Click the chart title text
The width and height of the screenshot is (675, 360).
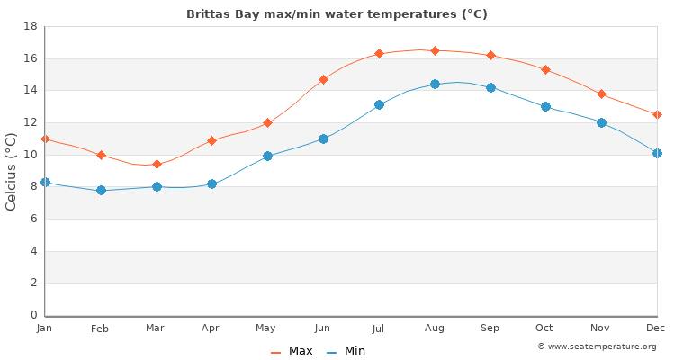click(337, 14)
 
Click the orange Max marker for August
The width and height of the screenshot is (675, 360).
click(435, 50)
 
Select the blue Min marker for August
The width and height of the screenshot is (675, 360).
click(435, 84)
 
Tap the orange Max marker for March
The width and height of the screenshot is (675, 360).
click(157, 164)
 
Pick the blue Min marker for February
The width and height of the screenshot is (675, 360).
click(101, 190)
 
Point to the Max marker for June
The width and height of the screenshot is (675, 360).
click(323, 79)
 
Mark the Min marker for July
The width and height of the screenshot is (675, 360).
click(379, 104)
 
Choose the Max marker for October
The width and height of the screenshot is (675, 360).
click(545, 69)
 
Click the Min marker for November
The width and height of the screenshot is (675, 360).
click(601, 122)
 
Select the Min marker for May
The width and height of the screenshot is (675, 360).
click(267, 156)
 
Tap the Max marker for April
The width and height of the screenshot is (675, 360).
click(211, 140)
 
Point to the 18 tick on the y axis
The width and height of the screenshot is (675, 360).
click(29, 26)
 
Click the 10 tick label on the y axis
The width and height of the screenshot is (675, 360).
click(29, 155)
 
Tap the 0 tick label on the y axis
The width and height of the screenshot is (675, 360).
click(32, 315)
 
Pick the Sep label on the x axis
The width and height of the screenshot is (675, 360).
click(490, 328)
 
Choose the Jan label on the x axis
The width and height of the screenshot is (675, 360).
click(45, 328)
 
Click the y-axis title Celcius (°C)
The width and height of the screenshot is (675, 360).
click(12, 171)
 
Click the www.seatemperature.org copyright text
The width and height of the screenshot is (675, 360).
click(597, 346)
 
